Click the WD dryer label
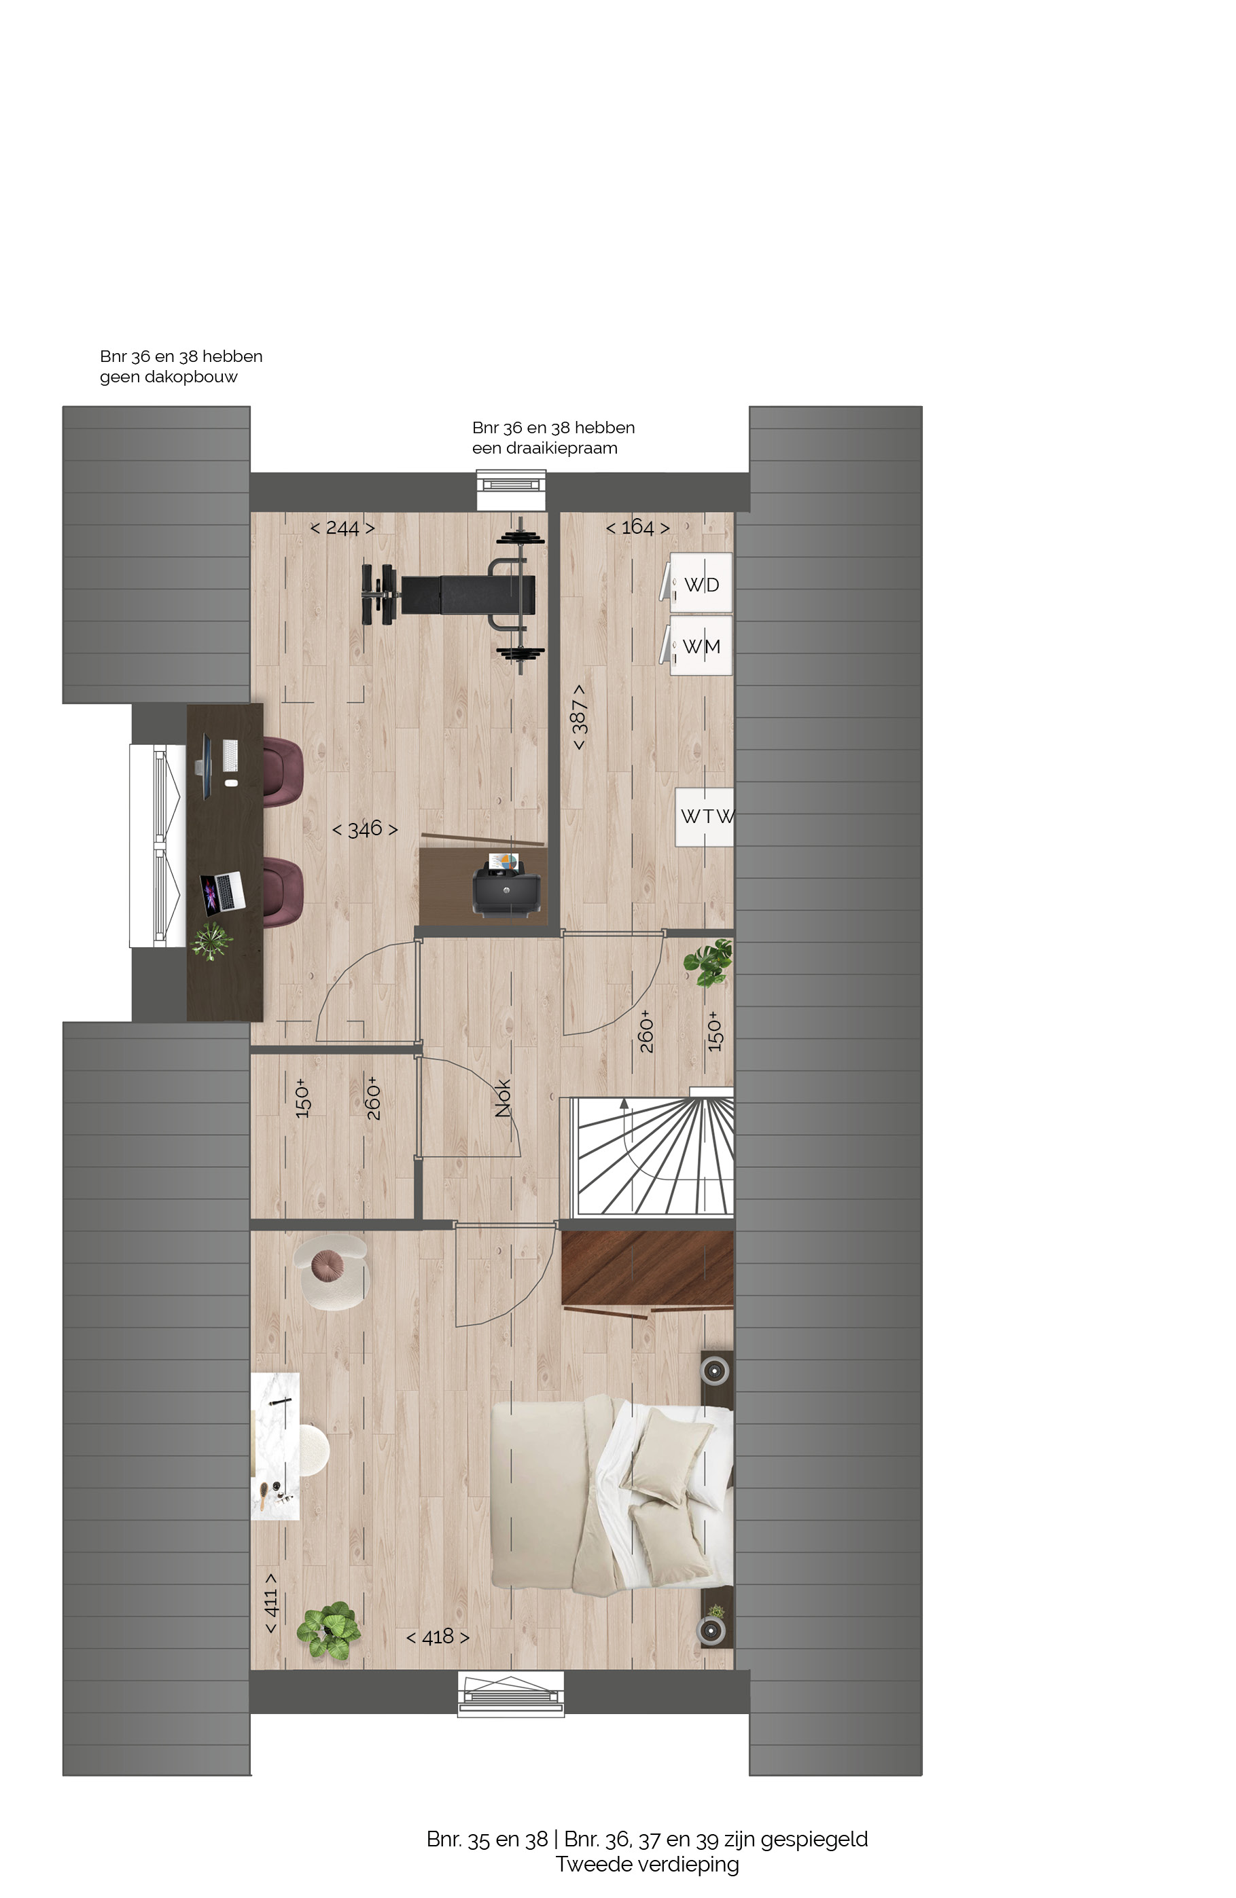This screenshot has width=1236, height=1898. point(701,585)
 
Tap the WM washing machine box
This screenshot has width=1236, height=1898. point(701,645)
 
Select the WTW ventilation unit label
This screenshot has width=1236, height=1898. point(707,816)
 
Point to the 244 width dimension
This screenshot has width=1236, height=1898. point(342,528)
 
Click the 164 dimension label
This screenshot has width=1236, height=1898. point(637,527)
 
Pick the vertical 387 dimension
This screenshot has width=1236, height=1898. point(580,717)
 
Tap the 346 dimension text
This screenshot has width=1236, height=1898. point(365,829)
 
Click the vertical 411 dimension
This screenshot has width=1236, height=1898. point(271,1603)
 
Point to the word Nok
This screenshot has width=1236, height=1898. point(503,1097)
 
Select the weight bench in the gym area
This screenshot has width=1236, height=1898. point(453,595)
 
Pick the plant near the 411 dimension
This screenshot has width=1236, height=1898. point(328,1632)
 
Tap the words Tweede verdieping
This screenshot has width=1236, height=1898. point(647,1865)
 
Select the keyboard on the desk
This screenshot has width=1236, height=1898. point(230,754)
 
